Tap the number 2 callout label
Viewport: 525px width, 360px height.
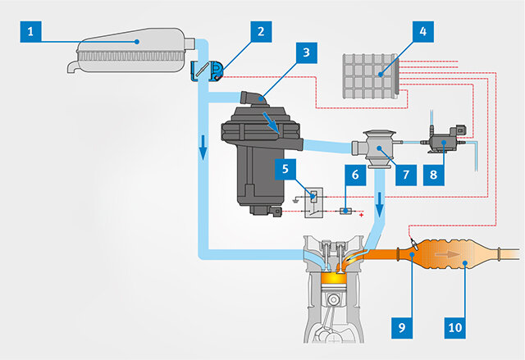tap(260, 32)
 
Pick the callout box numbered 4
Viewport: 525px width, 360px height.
tap(422, 32)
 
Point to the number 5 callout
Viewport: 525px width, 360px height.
tap(285, 171)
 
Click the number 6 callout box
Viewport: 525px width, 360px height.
tap(354, 174)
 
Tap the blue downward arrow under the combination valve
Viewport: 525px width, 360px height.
tap(380, 208)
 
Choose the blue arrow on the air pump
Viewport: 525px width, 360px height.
tap(271, 121)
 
